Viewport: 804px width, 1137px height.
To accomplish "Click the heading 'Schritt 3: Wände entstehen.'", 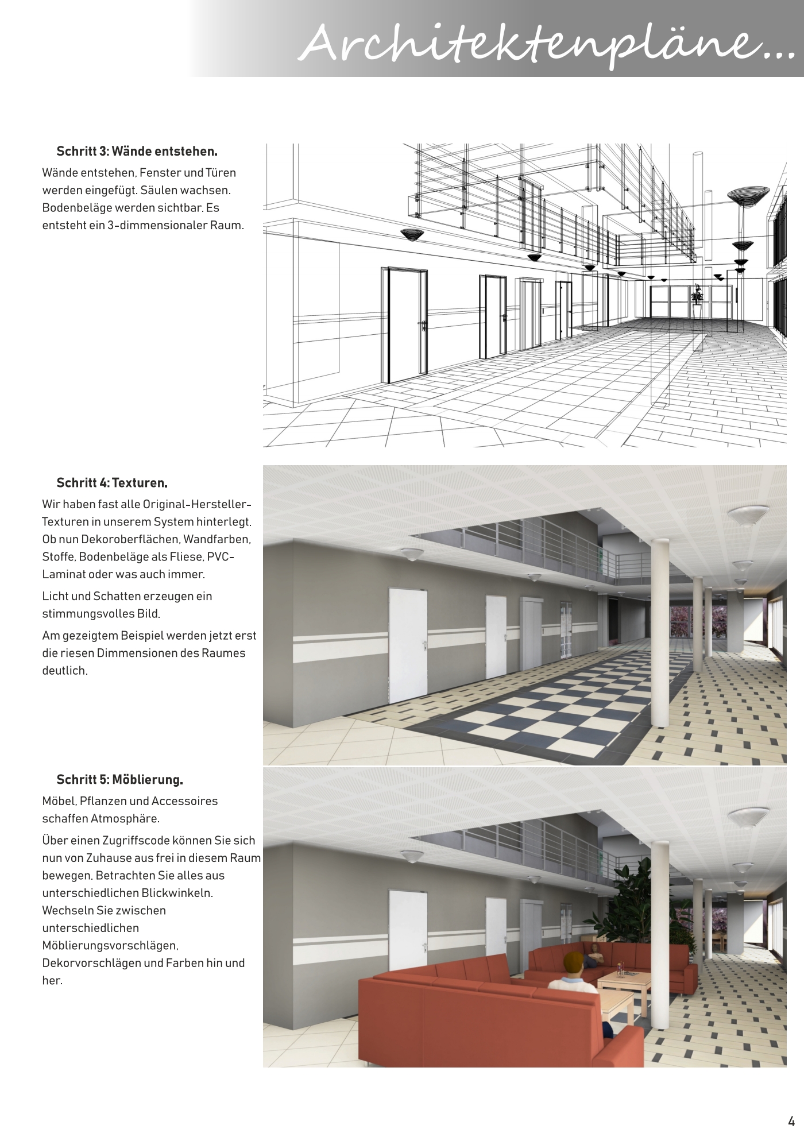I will tap(137, 152).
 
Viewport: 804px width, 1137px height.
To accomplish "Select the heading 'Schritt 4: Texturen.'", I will tap(112, 483).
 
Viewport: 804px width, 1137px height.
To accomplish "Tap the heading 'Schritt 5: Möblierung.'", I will tap(119, 780).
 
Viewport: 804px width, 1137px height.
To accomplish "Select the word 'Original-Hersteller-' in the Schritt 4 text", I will tap(197, 504).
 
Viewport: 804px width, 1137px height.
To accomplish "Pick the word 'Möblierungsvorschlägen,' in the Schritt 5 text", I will tap(110, 945).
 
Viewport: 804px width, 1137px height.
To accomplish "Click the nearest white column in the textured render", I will tap(660, 632).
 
